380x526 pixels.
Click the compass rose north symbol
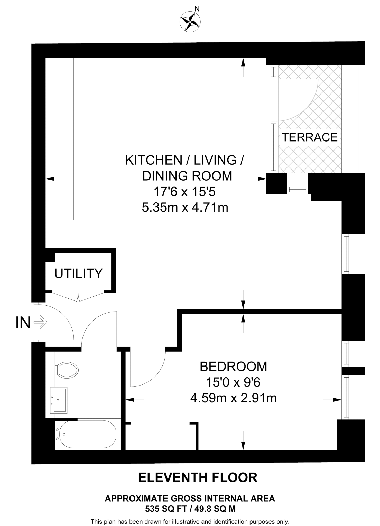[190, 22]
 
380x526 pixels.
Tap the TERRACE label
[309, 137]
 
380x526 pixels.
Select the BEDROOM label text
[233, 367]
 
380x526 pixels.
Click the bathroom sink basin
[59, 400]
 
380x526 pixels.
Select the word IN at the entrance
[23, 323]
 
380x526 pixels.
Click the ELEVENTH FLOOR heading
[198, 477]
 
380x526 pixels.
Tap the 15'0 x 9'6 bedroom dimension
[233, 382]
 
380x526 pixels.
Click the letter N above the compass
[197, 9]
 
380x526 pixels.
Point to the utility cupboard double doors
[79, 297]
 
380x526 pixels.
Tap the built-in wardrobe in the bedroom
[162, 436]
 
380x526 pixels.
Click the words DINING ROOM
[187, 176]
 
